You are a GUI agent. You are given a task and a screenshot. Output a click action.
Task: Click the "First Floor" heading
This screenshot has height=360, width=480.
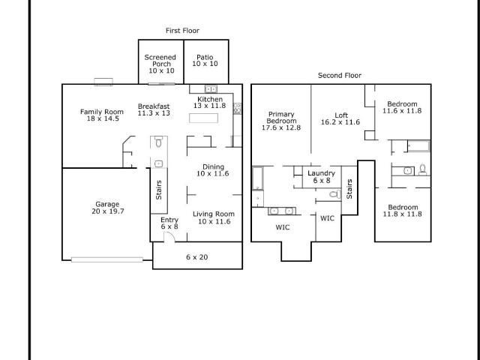click(182, 31)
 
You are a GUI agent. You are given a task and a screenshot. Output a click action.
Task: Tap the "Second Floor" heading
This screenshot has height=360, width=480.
click(340, 75)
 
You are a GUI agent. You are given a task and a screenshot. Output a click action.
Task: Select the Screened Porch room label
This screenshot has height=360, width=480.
click(160, 61)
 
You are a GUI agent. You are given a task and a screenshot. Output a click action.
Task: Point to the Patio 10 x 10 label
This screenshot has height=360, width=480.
click(205, 60)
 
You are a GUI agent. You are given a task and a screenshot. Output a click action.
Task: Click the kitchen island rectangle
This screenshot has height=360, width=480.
click(203, 118)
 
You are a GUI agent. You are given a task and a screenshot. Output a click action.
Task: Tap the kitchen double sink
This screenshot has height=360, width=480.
click(211, 89)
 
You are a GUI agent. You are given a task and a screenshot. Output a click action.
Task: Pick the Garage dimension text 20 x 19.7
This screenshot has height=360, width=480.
click(108, 211)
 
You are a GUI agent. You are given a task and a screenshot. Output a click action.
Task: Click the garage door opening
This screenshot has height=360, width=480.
click(107, 260)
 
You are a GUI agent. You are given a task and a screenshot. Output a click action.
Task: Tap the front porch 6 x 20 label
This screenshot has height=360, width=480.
click(196, 257)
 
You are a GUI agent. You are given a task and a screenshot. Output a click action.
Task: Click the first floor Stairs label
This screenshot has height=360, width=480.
click(158, 190)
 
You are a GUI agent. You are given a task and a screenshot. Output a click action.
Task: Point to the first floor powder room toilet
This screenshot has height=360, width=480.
click(158, 142)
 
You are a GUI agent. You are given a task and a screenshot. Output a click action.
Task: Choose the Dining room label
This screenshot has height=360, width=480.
click(213, 166)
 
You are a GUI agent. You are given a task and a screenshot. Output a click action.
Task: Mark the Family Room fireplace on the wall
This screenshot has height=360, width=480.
click(103, 82)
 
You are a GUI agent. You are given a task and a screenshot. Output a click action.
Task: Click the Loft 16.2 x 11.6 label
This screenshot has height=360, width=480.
click(340, 118)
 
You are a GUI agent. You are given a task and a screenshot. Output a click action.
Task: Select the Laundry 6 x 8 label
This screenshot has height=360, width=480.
click(322, 177)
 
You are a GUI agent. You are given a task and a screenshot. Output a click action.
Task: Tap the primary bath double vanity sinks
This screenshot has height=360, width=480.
click(282, 211)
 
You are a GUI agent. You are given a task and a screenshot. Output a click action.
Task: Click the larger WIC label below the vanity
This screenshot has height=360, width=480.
click(283, 227)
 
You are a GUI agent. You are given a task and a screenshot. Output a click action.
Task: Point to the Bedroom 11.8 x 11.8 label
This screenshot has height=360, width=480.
click(403, 211)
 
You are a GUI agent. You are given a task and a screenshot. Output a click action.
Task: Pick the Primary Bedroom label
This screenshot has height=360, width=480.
click(281, 118)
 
